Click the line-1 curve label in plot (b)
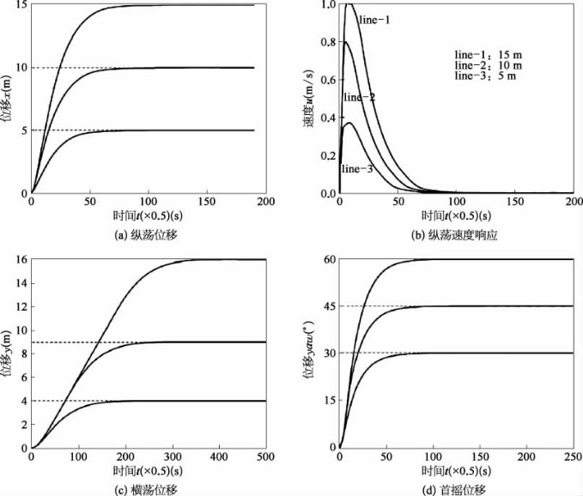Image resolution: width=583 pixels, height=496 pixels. [x=375, y=19]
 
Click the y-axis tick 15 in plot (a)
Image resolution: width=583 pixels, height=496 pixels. [x=21, y=5]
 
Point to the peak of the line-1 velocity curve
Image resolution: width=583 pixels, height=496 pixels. [x=349, y=5]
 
